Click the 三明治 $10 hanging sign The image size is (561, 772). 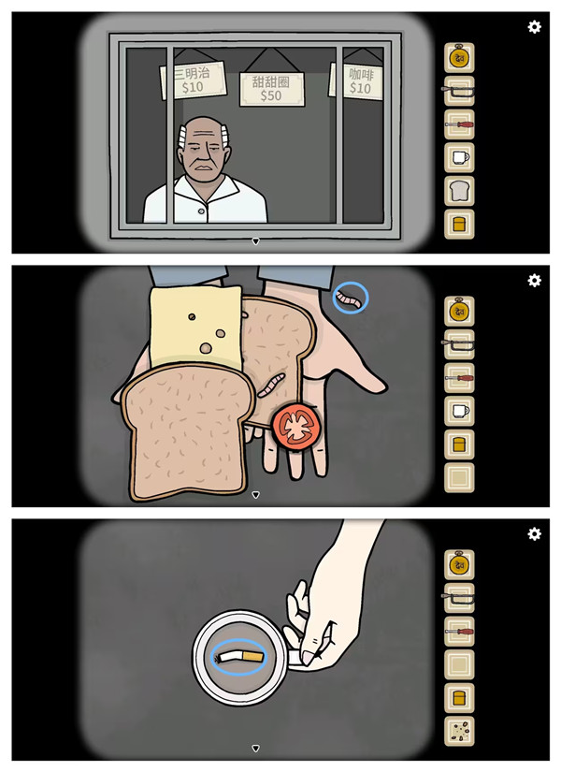194,80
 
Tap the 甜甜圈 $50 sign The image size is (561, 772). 272,89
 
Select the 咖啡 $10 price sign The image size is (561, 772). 357,81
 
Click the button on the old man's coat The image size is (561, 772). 201,211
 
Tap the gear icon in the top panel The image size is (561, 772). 534,26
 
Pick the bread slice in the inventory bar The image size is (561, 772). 459,191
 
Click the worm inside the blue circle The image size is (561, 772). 352,299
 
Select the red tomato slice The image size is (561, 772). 296,427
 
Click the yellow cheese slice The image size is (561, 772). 195,328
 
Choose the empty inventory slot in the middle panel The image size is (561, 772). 459,477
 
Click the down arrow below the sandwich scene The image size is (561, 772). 255,494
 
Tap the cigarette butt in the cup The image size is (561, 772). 241,657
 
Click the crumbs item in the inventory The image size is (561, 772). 460,731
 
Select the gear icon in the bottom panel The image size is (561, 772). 534,533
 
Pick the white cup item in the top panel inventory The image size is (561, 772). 460,157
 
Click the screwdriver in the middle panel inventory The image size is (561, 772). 459,378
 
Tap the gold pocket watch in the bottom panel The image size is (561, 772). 459,564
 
